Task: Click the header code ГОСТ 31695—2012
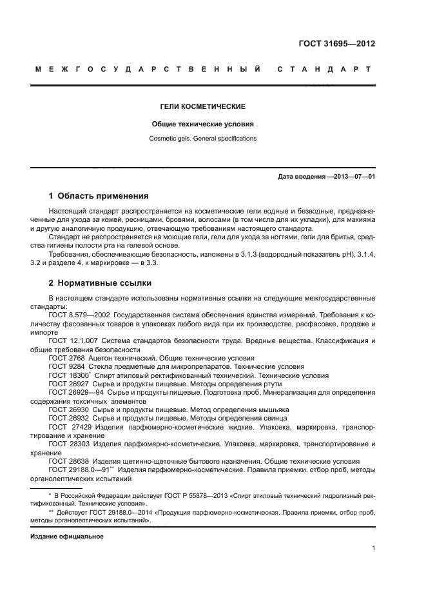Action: tap(338, 44)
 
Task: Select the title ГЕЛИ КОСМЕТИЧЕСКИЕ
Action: tap(204, 106)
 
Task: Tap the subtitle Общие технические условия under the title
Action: tap(204, 123)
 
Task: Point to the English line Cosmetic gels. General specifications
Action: tap(204, 138)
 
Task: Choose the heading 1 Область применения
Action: tap(99, 195)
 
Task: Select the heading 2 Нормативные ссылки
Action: tap(97, 282)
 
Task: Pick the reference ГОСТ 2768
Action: tap(65, 357)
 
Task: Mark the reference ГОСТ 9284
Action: tap(65, 366)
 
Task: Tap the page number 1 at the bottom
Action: tap(374, 549)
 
